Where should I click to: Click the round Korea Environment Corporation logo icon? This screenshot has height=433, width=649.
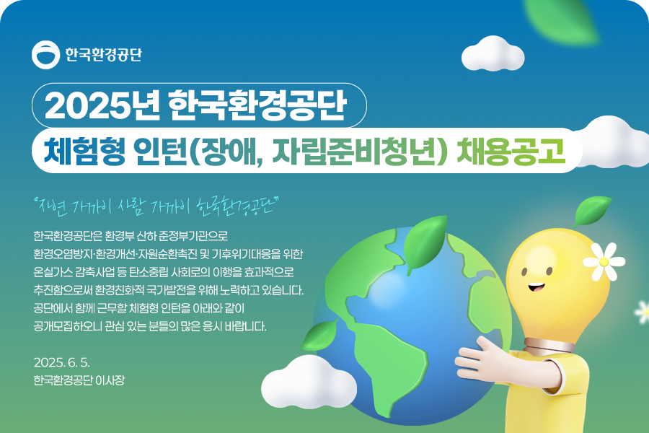[x=45, y=55]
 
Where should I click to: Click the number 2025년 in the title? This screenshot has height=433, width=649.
[x=102, y=105]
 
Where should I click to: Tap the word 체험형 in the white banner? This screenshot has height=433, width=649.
[x=84, y=150]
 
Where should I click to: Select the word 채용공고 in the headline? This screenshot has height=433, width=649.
[x=511, y=150]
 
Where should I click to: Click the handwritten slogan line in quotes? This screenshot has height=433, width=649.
[x=157, y=206]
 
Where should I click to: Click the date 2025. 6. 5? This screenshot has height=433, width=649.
[x=62, y=362]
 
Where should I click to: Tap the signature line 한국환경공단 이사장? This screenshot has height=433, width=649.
[x=79, y=380]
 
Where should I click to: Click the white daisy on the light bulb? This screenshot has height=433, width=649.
[x=604, y=261]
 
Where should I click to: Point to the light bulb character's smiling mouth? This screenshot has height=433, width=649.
[x=536, y=287]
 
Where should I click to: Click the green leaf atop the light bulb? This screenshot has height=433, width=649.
[x=592, y=211]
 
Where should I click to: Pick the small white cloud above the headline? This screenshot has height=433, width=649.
[x=493, y=53]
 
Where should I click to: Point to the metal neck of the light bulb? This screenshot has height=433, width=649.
[x=549, y=345]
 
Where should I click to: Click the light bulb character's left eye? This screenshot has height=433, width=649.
[x=524, y=272]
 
